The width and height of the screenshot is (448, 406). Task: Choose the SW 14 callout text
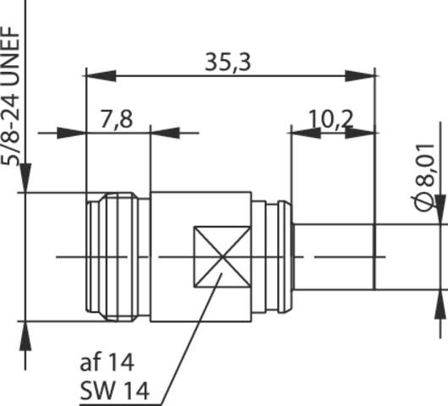point(114,391)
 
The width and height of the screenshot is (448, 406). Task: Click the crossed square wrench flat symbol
point(221,256)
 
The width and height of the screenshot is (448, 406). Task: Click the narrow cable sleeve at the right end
point(334,256)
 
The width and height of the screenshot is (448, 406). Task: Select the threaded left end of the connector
point(118,256)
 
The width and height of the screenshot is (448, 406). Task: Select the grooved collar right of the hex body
point(272,256)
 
